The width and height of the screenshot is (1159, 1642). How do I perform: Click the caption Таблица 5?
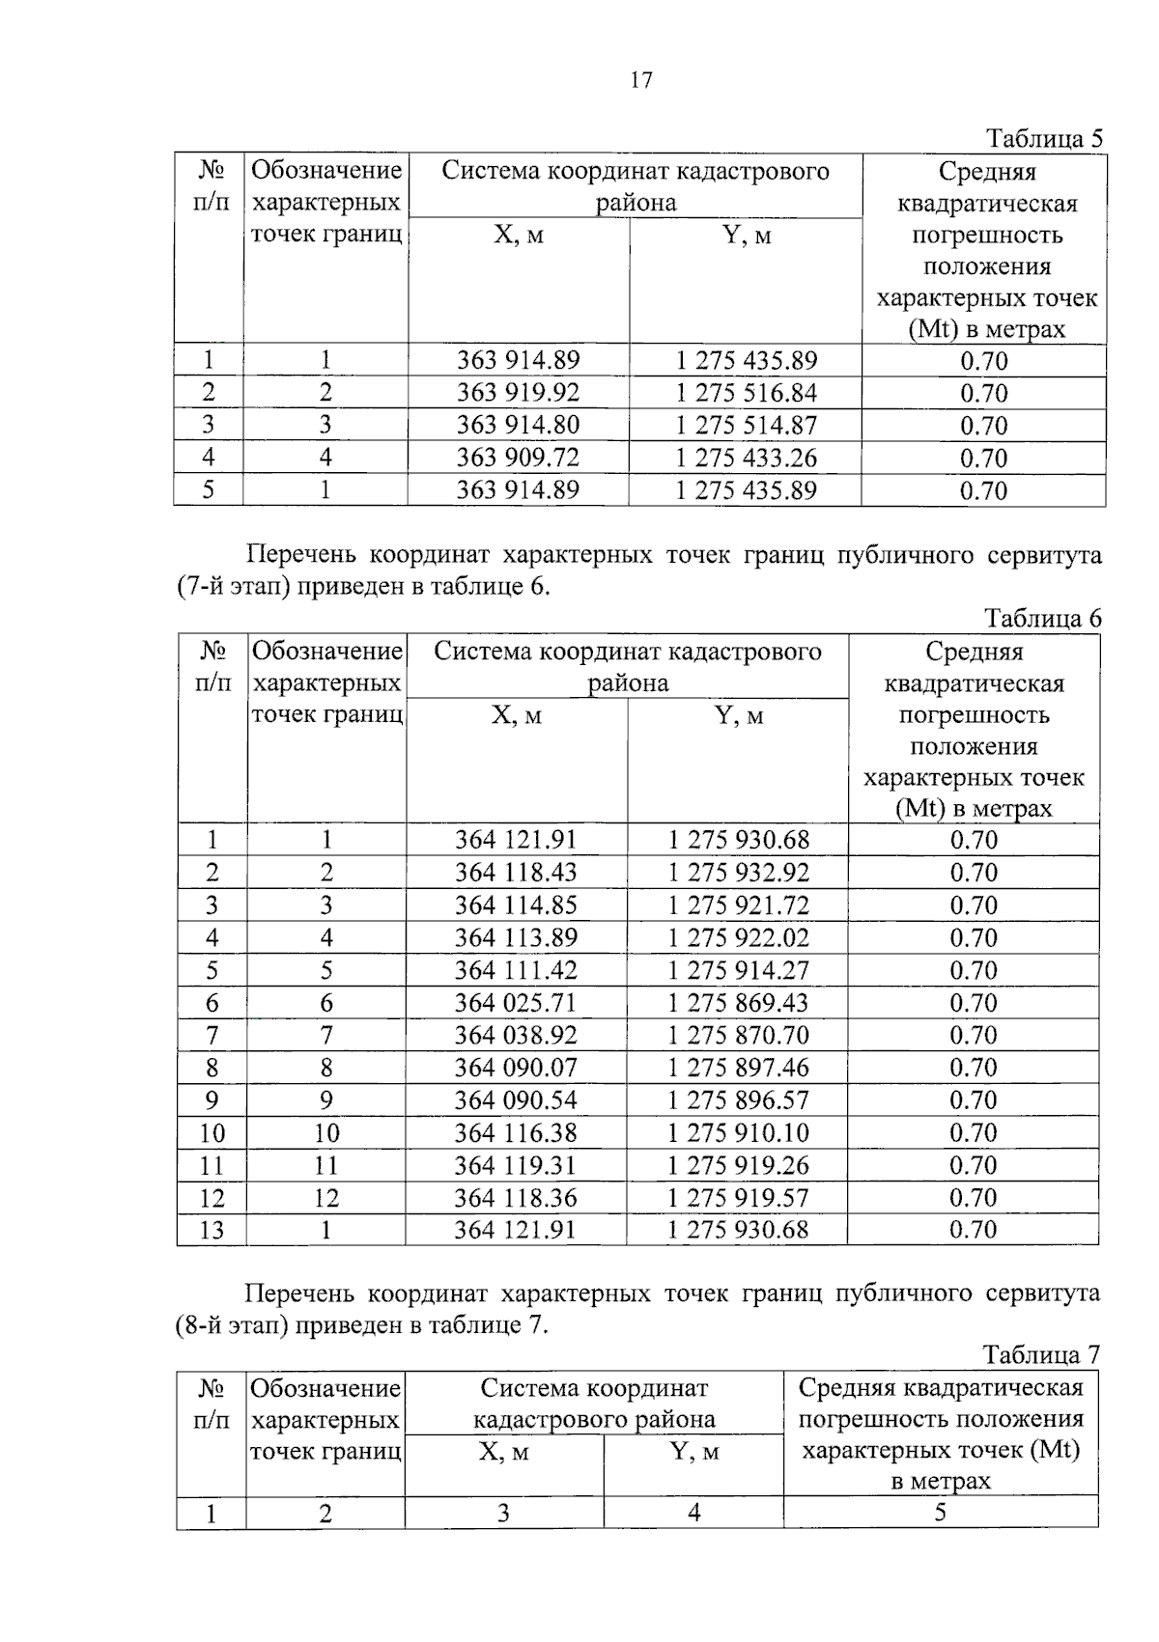click(x=1043, y=138)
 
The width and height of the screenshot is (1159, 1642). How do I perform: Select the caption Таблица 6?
click(x=1042, y=618)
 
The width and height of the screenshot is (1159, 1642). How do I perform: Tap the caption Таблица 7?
click(x=1040, y=1354)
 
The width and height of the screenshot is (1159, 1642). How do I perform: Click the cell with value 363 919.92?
click(x=518, y=393)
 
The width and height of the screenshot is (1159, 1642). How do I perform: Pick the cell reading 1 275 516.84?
click(x=746, y=393)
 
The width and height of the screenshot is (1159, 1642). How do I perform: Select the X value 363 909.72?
click(x=518, y=458)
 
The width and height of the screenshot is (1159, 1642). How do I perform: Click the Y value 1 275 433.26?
click(x=746, y=458)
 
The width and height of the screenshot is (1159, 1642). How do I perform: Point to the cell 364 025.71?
click(x=516, y=1003)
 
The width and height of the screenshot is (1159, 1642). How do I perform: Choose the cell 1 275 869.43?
click(x=739, y=1003)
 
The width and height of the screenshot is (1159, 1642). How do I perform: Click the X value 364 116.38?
click(x=516, y=1132)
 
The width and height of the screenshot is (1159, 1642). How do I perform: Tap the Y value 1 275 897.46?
click(x=739, y=1068)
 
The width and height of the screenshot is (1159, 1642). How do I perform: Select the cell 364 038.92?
click(x=516, y=1036)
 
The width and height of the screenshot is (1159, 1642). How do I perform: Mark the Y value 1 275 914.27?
click(x=739, y=970)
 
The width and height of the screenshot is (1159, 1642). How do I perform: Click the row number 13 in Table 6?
click(x=212, y=1230)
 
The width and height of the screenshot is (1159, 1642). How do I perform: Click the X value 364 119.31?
click(x=516, y=1165)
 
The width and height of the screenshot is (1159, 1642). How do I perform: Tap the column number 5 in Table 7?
click(x=940, y=1513)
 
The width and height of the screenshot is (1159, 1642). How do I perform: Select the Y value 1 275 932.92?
click(x=739, y=873)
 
